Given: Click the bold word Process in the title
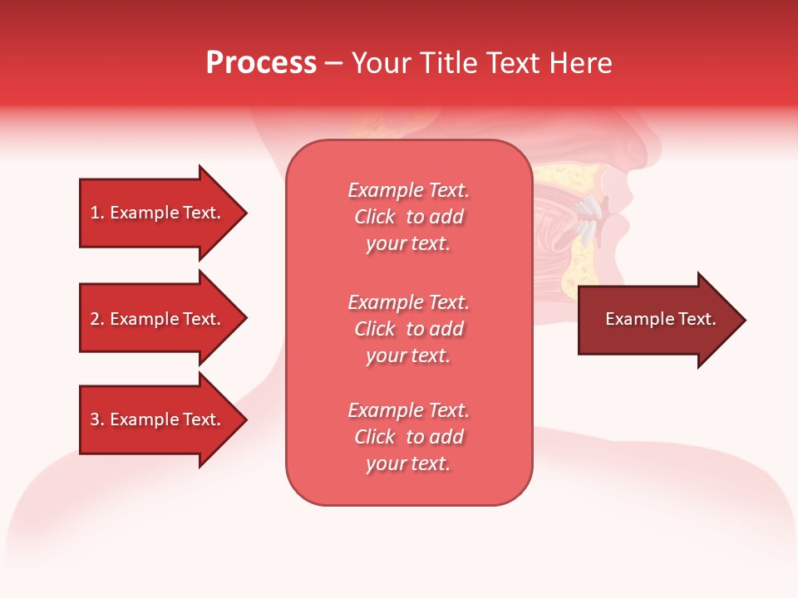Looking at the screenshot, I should (x=261, y=63).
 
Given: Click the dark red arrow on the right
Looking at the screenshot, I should (x=657, y=320).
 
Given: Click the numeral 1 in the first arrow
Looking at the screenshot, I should (x=95, y=213).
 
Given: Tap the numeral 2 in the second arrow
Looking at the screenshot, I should (x=95, y=319).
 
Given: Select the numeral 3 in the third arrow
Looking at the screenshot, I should (x=95, y=419).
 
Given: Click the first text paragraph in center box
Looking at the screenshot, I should (x=408, y=217).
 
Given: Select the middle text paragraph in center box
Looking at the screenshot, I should (x=408, y=329).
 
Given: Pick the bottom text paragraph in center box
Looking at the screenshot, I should (x=408, y=437).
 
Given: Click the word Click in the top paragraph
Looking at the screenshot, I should (x=375, y=217).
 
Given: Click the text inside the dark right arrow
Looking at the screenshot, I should (x=660, y=319).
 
